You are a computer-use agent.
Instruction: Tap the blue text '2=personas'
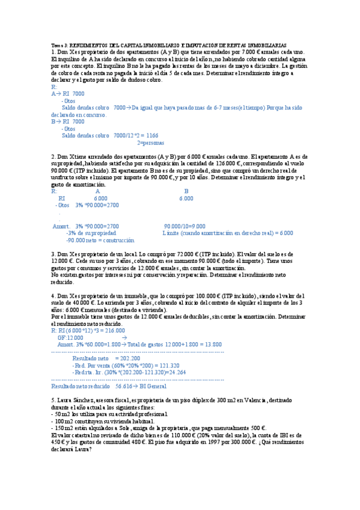[151, 143]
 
